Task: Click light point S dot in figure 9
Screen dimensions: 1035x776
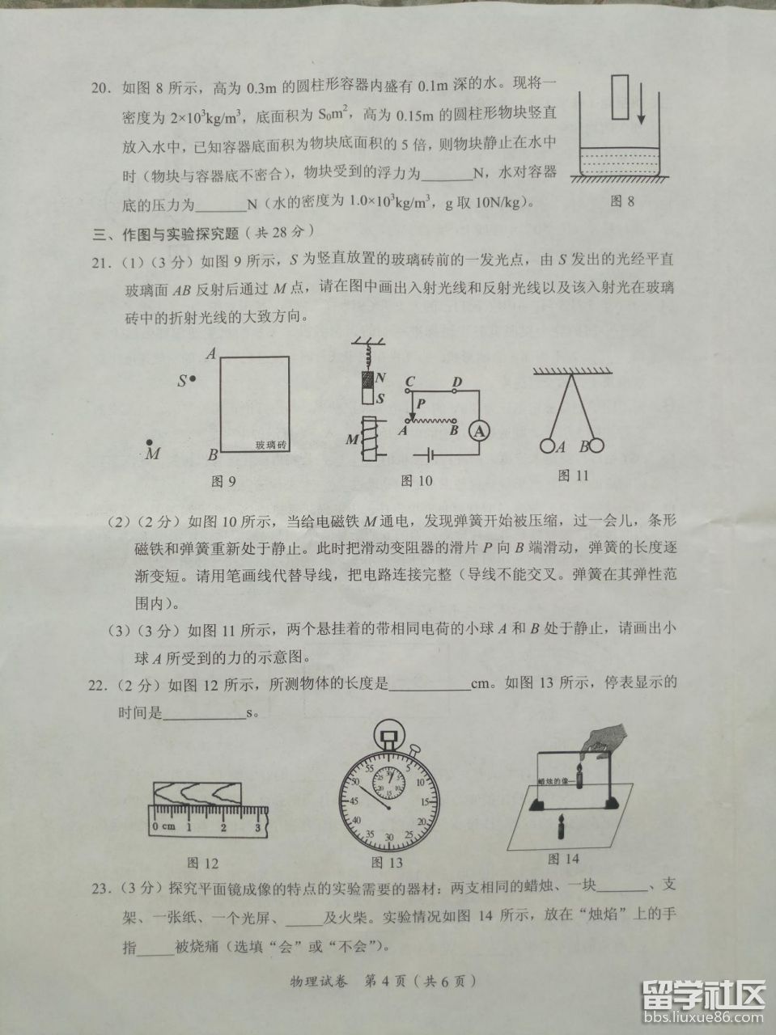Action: [x=193, y=378]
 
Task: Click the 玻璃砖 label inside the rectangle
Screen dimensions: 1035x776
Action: [x=270, y=446]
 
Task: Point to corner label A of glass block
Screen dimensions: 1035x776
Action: [x=210, y=353]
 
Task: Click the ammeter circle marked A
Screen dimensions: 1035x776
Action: [x=479, y=432]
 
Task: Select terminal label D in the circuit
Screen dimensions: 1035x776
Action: [x=456, y=382]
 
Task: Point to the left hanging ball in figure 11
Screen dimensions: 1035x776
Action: [x=547, y=445]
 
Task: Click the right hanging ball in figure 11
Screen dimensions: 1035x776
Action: [x=596, y=445]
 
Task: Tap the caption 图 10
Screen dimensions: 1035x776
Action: [x=417, y=481]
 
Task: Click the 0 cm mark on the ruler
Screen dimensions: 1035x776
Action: [x=161, y=827]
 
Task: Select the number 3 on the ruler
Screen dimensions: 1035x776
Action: [x=257, y=826]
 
